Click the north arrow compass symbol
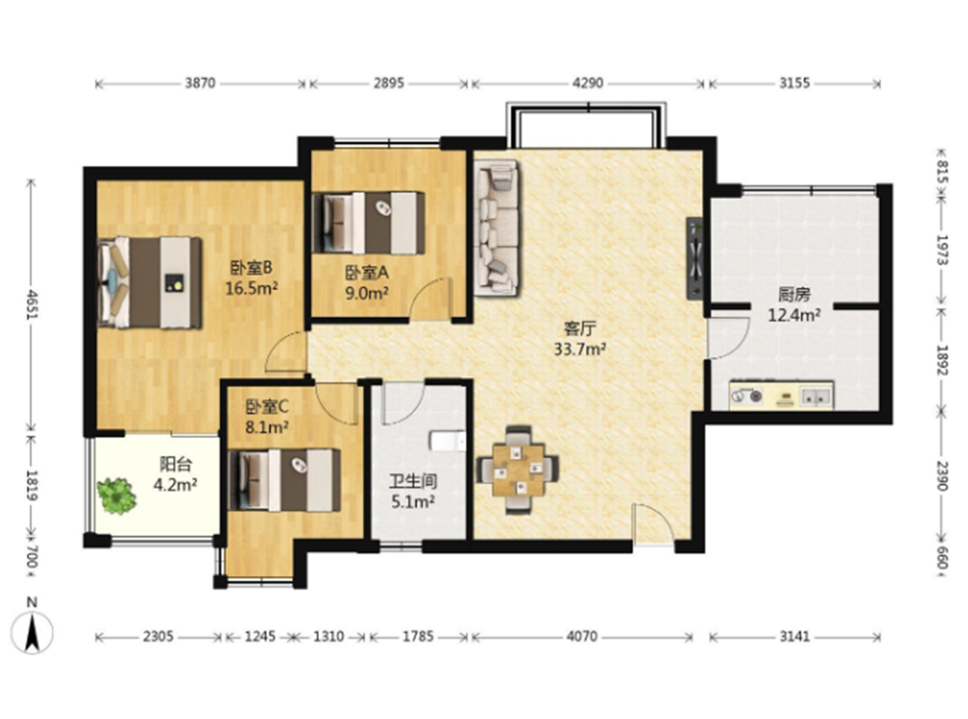coord(33,632)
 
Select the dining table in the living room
coord(518,470)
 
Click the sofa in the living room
coord(497,228)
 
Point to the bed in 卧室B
coord(149,282)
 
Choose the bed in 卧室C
coord(284,480)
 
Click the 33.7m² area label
coord(579,349)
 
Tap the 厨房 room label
coord(794,295)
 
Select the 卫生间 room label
coord(413,482)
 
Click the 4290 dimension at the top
coord(588,83)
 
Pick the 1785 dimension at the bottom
coord(417,637)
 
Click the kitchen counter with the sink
coord(781,396)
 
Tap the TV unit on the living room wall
coord(694,259)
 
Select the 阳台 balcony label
coord(175,465)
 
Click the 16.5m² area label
coord(252,289)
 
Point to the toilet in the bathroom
coord(448,440)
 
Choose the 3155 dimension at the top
coord(795,83)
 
